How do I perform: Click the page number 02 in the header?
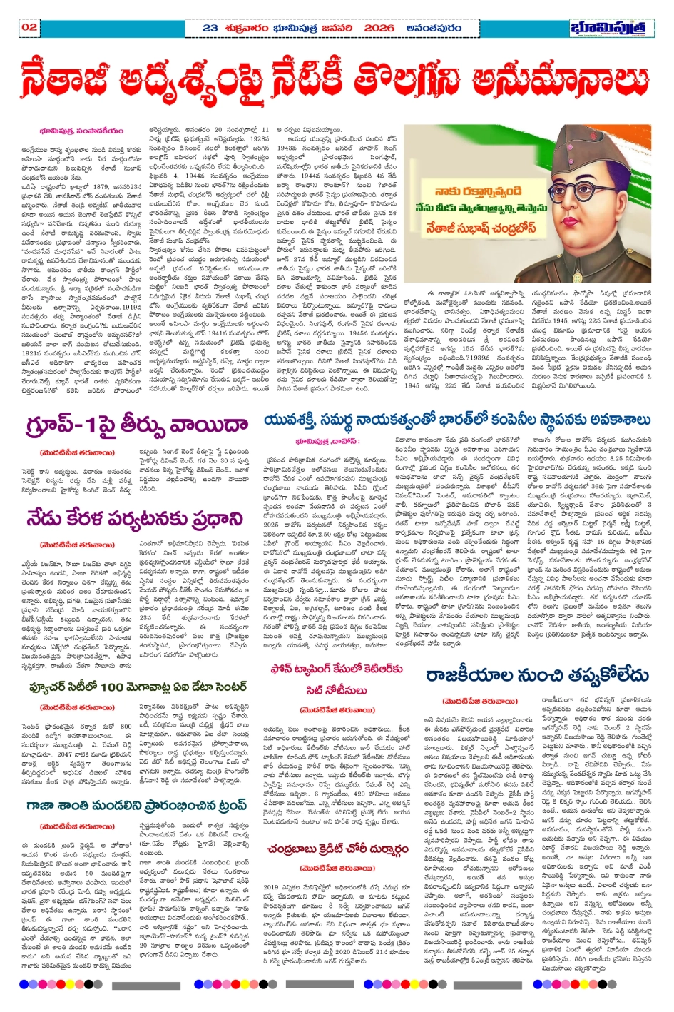point(29,27)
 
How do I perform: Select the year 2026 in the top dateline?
point(379,28)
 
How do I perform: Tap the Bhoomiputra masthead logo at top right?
point(611,28)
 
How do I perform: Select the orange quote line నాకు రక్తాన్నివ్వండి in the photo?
point(478,191)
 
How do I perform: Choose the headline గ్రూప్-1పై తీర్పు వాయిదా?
point(137,425)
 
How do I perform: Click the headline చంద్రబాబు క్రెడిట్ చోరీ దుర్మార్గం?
point(337,849)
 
